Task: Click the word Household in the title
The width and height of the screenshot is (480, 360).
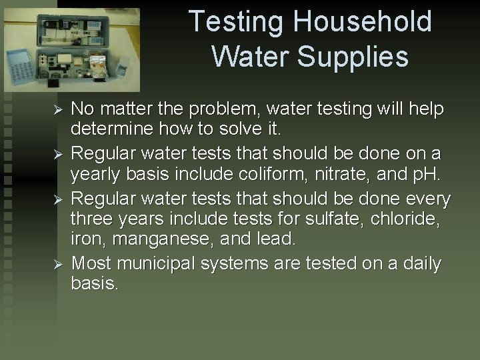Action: pos(362,21)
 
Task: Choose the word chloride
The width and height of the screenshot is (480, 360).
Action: pos(412,218)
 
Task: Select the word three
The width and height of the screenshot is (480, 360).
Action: pos(93,218)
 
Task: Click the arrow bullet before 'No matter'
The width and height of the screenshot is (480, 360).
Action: pos(58,109)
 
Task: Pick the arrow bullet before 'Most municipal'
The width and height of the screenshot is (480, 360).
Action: pos(58,264)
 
